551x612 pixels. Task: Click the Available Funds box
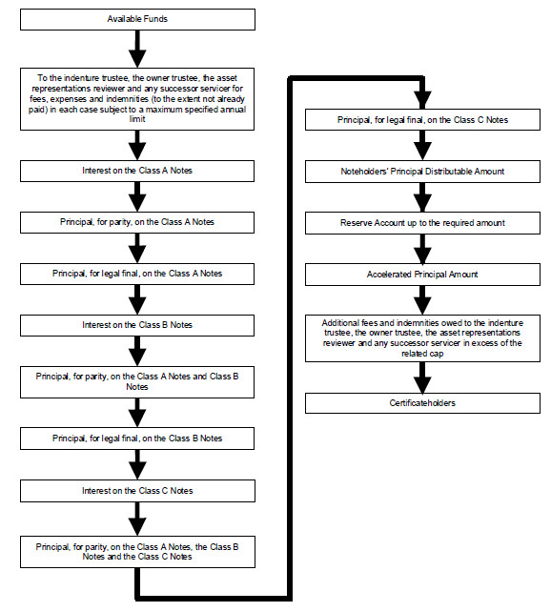click(137, 19)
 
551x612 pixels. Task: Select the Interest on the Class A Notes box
click(137, 171)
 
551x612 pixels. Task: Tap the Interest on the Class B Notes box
click(137, 325)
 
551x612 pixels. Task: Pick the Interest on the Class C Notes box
click(137, 491)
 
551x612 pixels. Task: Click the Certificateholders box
click(422, 403)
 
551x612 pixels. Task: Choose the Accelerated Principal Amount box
click(422, 275)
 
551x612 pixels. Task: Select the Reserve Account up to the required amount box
click(422, 223)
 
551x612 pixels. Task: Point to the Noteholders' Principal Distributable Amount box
click(422, 172)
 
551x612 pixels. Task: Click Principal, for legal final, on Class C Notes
click(422, 120)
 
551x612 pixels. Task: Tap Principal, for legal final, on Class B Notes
click(137, 439)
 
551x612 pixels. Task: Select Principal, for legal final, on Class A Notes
click(137, 274)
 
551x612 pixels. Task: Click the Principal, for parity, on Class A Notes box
click(137, 222)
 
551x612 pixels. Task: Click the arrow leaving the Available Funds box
click(137, 50)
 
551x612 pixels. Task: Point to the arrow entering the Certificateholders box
click(422, 377)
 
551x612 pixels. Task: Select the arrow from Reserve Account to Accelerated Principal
click(422, 249)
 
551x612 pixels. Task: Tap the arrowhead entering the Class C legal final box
click(422, 100)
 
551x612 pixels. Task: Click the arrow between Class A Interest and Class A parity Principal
click(137, 197)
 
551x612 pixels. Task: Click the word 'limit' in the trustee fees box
click(137, 119)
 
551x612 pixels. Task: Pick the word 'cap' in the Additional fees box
click(437, 354)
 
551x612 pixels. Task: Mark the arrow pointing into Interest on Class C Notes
click(137, 465)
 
